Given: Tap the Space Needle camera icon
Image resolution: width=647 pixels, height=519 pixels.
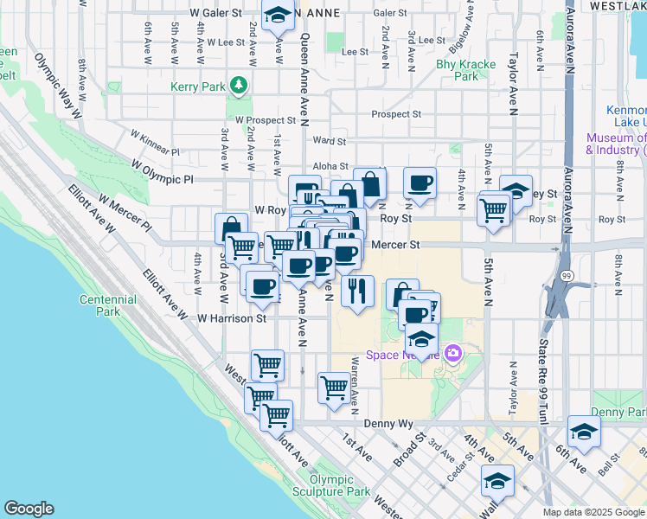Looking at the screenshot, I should (x=452, y=353).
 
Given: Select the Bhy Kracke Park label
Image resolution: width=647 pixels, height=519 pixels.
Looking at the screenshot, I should (x=458, y=69).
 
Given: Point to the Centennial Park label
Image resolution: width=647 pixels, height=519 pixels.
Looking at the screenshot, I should (x=107, y=305).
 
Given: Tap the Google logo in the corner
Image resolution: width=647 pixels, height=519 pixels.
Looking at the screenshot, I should (x=28, y=509).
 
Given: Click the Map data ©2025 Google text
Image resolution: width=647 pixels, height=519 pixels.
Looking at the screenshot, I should (x=593, y=512).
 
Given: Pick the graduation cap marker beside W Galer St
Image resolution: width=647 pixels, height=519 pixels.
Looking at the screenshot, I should (x=278, y=16).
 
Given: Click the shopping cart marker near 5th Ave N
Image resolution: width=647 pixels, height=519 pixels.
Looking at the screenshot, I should (x=493, y=208).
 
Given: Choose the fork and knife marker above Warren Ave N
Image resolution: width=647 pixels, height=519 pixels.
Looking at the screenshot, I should (x=357, y=292).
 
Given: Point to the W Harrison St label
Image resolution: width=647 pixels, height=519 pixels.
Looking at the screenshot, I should (x=231, y=318).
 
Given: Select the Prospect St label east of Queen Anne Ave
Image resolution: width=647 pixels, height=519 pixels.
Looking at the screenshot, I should (x=396, y=114).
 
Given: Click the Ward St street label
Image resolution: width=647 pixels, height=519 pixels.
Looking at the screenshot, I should (x=330, y=140).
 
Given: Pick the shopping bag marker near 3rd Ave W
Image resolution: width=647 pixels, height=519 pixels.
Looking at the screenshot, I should (x=231, y=227).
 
